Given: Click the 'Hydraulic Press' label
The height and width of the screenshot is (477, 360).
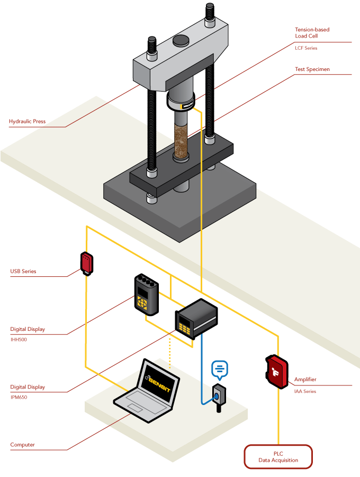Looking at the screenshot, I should tap(27, 122).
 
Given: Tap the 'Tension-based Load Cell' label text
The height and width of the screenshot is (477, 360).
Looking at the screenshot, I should tap(312, 33).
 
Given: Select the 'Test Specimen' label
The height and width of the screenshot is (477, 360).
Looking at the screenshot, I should tap(312, 69).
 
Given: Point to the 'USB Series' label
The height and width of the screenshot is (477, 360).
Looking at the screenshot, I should tap(23, 272).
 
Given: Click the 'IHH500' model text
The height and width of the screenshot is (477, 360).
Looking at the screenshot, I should tap(19, 339).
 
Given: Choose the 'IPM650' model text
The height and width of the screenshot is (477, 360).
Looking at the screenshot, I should tap(19, 397).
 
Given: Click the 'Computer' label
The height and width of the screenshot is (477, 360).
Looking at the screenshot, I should tap(22, 445).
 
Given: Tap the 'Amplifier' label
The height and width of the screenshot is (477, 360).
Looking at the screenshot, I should tap(305, 380).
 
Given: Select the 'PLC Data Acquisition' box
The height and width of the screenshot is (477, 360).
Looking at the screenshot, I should tap(278, 456).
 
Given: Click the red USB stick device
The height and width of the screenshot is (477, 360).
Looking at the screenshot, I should tap(87, 263).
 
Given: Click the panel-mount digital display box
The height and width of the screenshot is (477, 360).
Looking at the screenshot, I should tap(196, 318).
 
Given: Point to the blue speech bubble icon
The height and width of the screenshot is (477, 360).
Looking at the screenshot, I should tap(219, 368).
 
